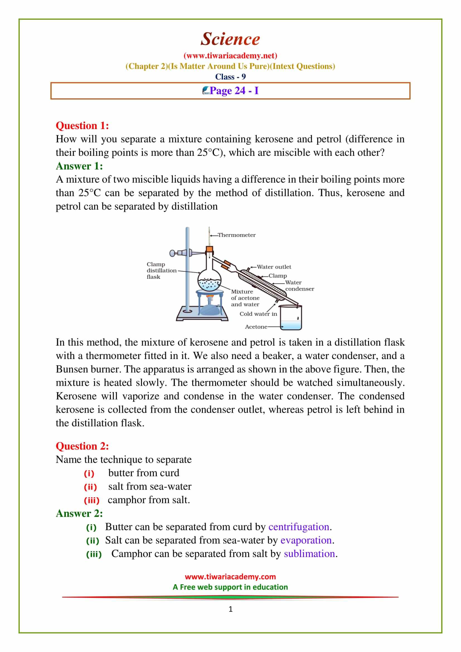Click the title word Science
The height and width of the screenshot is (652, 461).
230,39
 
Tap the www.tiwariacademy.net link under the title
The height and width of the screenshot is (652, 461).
230,55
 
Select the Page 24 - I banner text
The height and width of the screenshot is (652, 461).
234,91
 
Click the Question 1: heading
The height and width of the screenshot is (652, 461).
82,125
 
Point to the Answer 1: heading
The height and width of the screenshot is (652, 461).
79,166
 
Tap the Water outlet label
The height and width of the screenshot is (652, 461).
274,267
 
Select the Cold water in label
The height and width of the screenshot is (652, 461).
258,314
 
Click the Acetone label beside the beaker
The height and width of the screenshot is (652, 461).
256,327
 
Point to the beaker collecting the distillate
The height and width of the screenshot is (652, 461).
291,318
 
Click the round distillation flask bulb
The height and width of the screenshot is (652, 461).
209,280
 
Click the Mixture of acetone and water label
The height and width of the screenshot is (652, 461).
245,298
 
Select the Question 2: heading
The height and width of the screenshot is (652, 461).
82,446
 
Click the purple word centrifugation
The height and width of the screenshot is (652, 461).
299,527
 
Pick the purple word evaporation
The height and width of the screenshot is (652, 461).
306,540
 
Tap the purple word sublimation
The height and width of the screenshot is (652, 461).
309,554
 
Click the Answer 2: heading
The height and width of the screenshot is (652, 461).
79,513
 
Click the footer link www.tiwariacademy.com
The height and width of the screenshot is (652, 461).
230,577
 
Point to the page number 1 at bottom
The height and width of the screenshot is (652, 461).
230,609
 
